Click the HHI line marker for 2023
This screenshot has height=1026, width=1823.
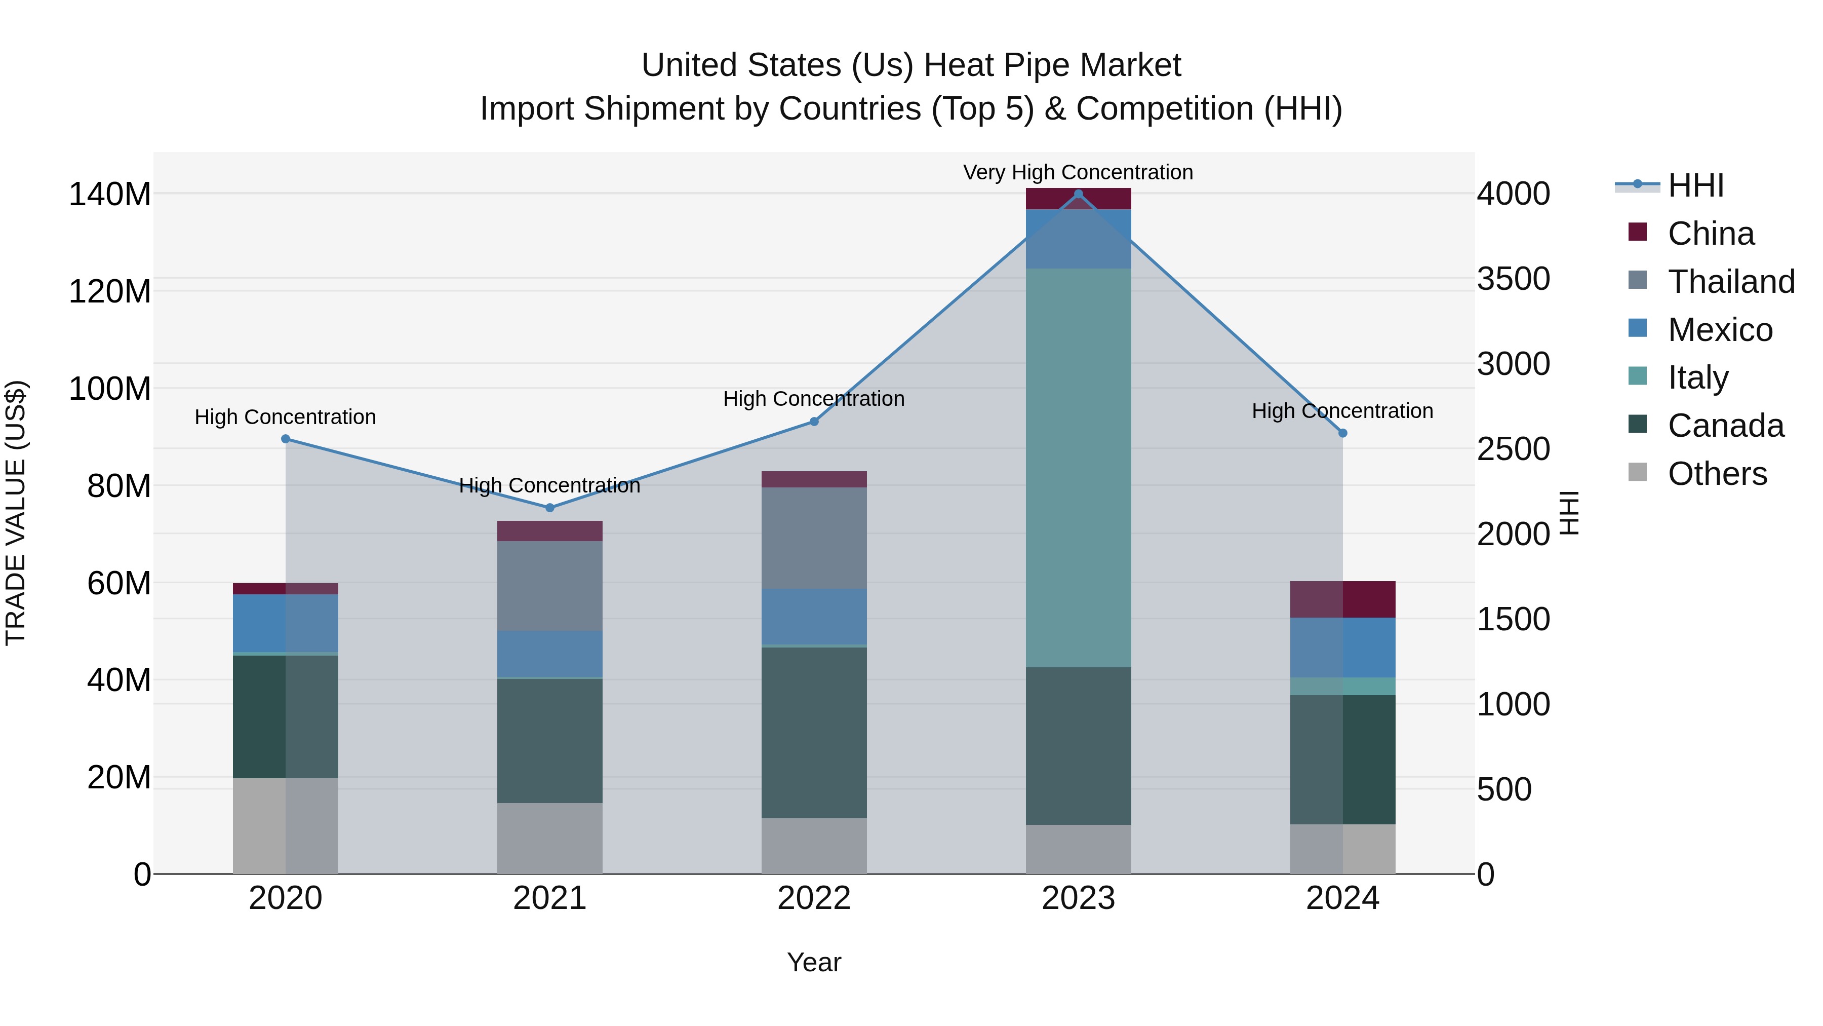point(1078,194)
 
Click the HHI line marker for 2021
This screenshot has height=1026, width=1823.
point(550,508)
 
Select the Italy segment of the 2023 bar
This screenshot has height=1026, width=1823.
point(1078,467)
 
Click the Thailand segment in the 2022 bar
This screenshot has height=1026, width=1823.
point(814,538)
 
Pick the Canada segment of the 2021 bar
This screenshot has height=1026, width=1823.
point(550,741)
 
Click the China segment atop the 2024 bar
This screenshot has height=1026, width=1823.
point(1342,599)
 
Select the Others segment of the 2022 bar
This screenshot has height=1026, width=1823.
point(814,846)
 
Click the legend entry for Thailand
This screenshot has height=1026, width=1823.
point(1730,282)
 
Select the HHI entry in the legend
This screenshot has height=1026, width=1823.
point(1695,185)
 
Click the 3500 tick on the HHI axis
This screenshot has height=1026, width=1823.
point(1513,279)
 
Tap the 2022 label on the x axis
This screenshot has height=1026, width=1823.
point(814,898)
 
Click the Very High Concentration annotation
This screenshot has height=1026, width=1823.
point(1078,172)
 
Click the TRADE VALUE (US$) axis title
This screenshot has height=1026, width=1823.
point(16,513)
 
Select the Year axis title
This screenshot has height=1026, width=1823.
point(814,962)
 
